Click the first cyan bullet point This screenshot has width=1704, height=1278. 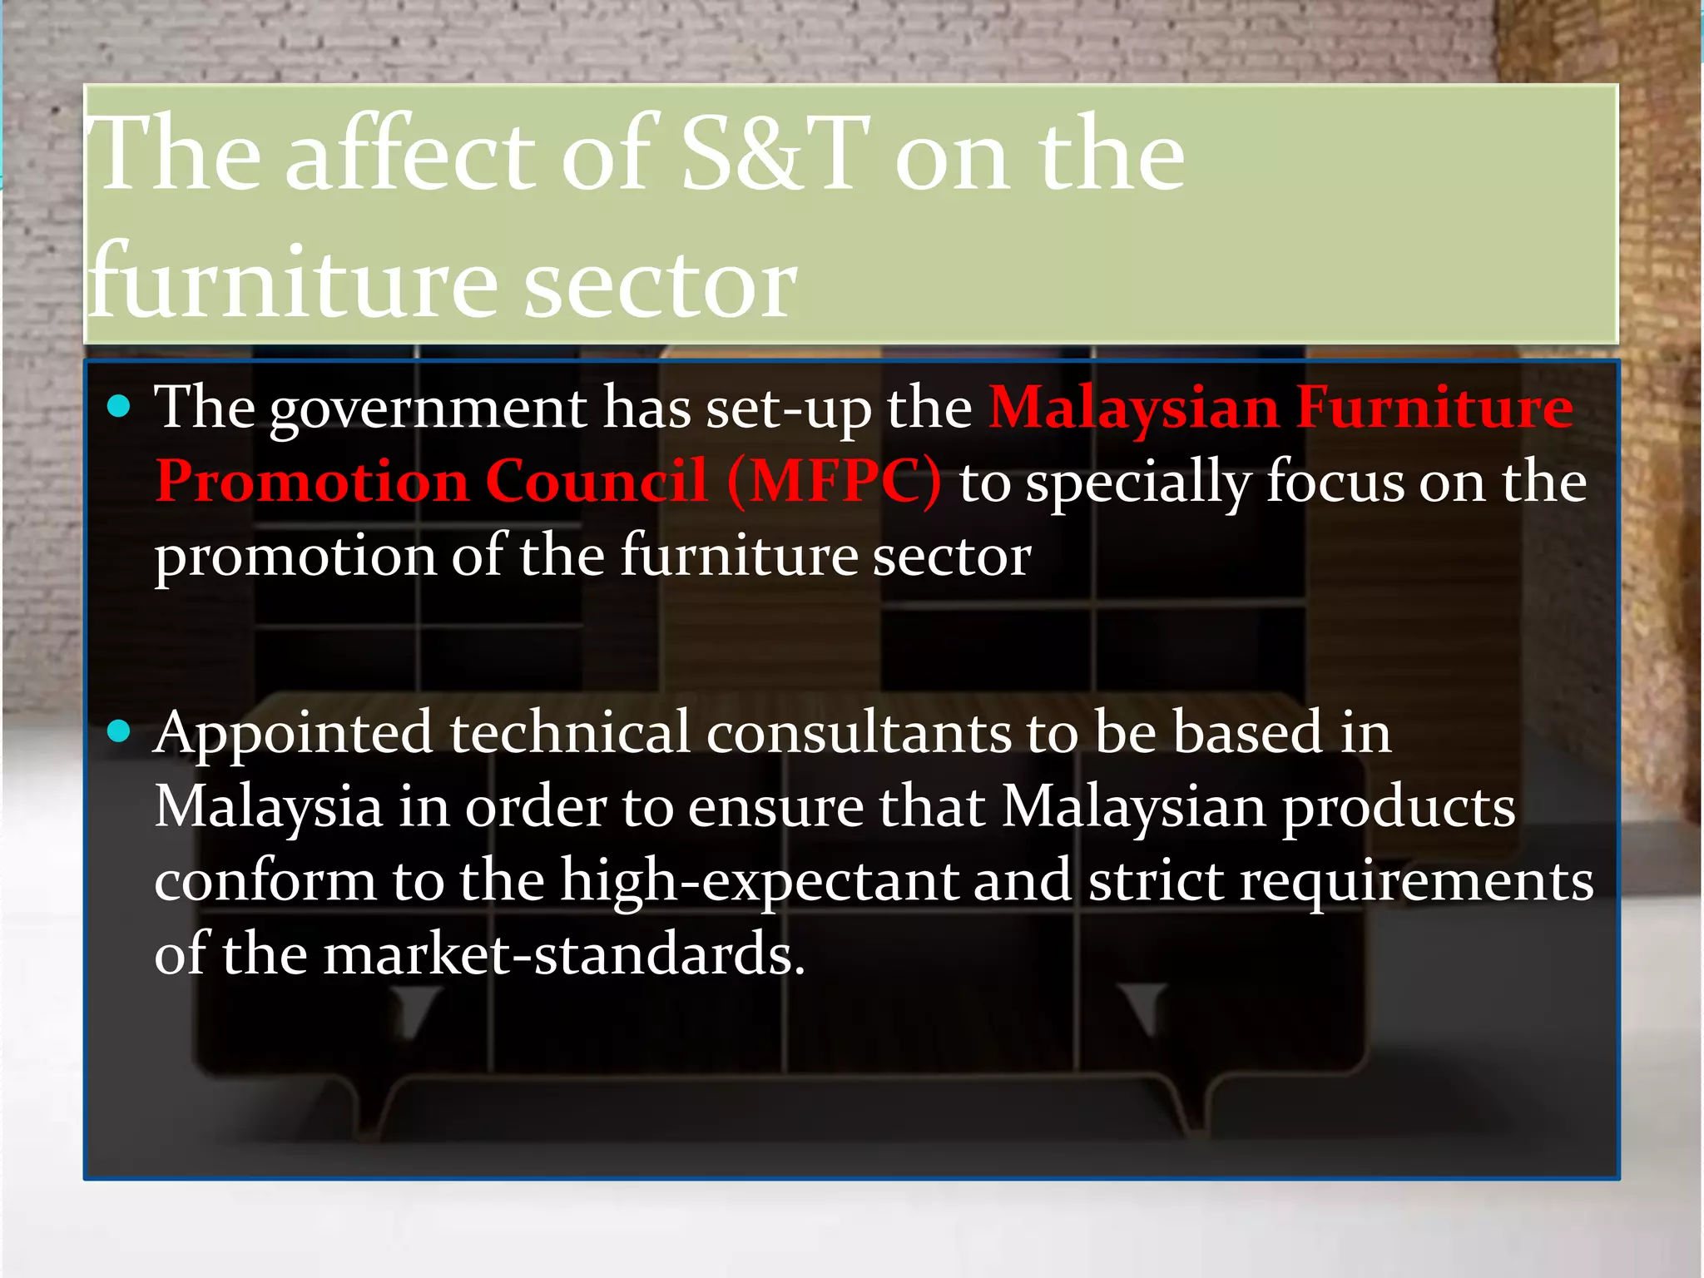click(x=120, y=407)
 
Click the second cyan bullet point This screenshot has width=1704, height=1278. click(x=120, y=731)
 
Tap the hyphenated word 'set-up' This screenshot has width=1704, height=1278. click(x=786, y=409)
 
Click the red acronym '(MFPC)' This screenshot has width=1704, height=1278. click(x=834, y=482)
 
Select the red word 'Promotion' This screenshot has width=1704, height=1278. click(x=312, y=482)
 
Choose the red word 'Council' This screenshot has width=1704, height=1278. click(x=596, y=482)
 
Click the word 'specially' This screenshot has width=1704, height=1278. click(x=1138, y=483)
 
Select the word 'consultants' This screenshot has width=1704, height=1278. click(x=859, y=732)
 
